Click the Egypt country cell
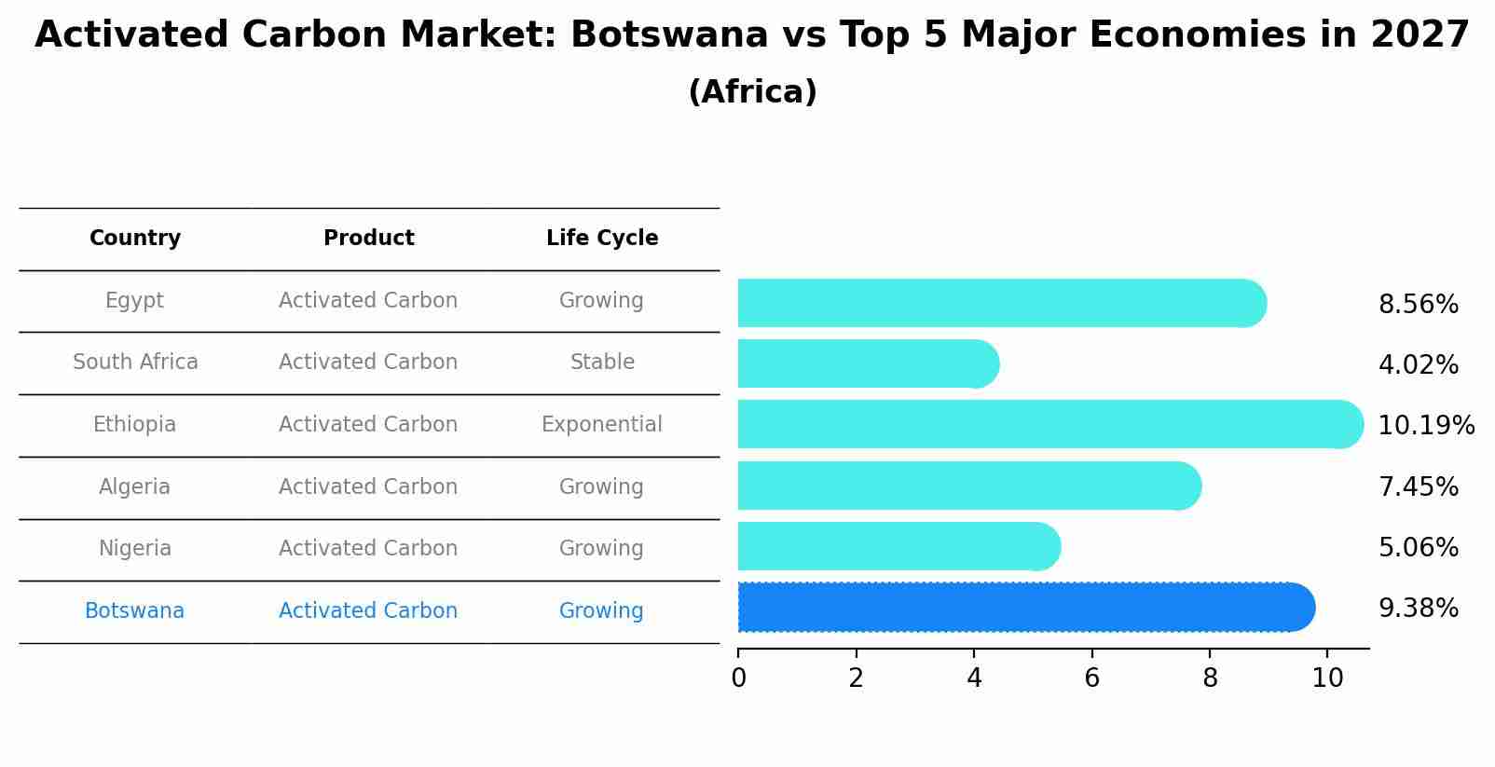pyautogui.click(x=134, y=301)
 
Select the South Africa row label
pyautogui.click(x=135, y=363)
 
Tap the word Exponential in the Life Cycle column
pyautogui.click(x=601, y=425)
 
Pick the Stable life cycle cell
pyautogui.click(x=602, y=363)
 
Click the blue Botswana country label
pyautogui.click(x=134, y=611)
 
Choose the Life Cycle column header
pyautogui.click(x=602, y=239)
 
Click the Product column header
pyautogui.click(x=368, y=239)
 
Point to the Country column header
pyautogui.click(x=134, y=239)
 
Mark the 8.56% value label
pyautogui.click(x=1418, y=305)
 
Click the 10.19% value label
pyautogui.click(x=1425, y=426)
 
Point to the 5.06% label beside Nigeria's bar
pyautogui.click(x=1418, y=548)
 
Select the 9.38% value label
pyautogui.click(x=1418, y=609)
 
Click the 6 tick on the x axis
pyautogui.click(x=1091, y=678)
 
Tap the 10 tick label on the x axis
pyautogui.click(x=1327, y=678)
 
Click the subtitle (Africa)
pyautogui.click(x=752, y=92)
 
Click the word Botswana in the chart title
pyautogui.click(x=669, y=35)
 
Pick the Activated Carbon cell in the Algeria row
pyautogui.click(x=368, y=487)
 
